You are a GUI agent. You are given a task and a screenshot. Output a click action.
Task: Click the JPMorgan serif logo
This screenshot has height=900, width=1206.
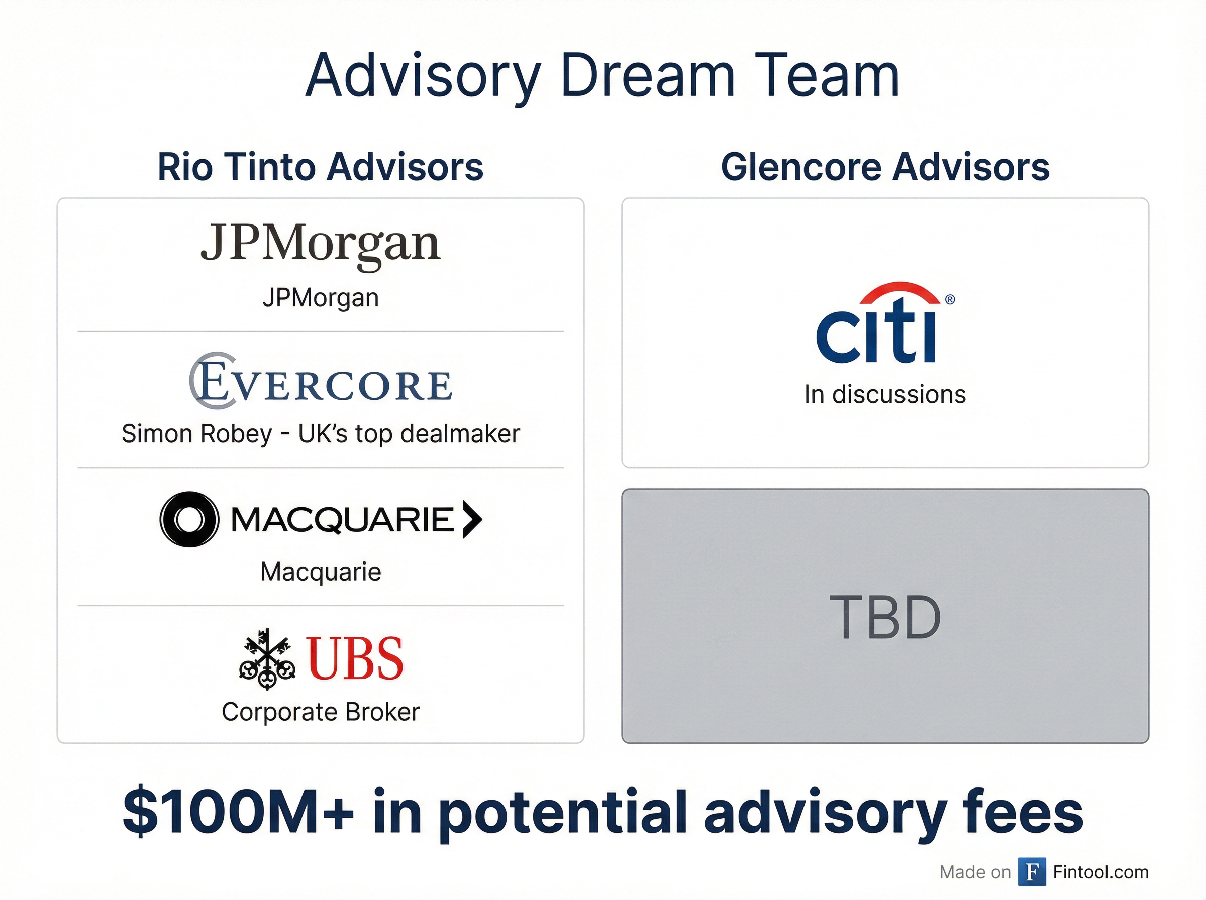coord(321,244)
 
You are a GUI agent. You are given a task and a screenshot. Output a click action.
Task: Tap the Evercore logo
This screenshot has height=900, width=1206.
coord(321,382)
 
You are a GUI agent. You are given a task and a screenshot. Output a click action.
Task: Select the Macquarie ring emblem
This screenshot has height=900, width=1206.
coord(189,519)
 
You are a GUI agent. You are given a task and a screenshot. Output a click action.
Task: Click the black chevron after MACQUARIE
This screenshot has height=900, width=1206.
coord(472,519)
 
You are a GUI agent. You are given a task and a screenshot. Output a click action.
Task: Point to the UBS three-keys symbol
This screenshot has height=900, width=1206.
coord(267,659)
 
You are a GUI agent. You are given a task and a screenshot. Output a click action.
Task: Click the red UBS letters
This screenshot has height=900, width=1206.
coord(355,659)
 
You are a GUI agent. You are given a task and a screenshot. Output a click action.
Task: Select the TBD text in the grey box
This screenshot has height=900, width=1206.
coord(885,617)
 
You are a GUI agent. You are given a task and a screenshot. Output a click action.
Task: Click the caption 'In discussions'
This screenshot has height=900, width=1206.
coord(885,394)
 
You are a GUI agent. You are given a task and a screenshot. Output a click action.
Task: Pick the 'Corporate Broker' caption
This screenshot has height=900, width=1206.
coord(321,712)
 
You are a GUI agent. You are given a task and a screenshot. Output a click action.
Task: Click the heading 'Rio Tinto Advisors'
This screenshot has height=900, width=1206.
coord(321,167)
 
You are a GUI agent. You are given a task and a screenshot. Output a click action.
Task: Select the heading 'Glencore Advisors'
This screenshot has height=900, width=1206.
coord(885,167)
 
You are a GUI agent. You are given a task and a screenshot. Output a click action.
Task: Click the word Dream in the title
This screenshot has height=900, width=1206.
coord(647,76)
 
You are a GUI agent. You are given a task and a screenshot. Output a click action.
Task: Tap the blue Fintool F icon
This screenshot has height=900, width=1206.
coord(1032,872)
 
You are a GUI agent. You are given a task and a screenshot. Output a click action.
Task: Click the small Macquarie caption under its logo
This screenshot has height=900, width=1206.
coord(321,572)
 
